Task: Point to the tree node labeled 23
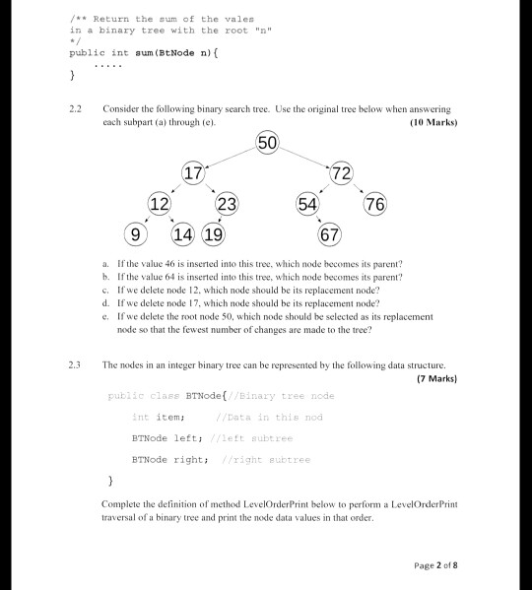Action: click(x=227, y=205)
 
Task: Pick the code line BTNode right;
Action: click(x=169, y=459)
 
